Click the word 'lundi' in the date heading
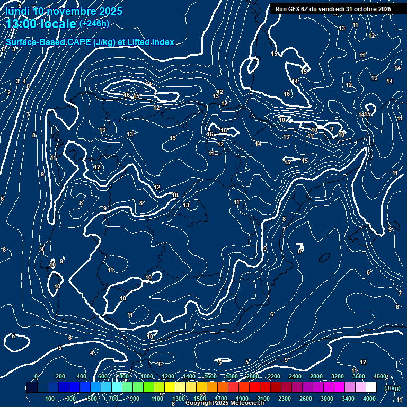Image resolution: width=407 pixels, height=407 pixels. (x=17, y=11)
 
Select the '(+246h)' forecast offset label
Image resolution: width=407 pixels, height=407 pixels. (x=94, y=24)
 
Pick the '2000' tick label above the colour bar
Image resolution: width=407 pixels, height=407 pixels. (x=252, y=376)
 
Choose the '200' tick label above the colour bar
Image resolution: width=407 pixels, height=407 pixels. (x=60, y=376)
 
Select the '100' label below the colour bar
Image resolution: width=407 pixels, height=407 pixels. (x=50, y=398)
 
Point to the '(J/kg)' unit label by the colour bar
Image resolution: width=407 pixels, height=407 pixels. (x=392, y=388)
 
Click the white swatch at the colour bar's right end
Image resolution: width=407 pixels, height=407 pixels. (x=371, y=387)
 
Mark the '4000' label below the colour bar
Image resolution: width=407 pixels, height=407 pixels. (x=370, y=398)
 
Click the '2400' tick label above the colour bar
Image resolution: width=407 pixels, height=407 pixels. (x=295, y=376)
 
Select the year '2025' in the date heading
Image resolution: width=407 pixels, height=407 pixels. (x=110, y=11)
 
